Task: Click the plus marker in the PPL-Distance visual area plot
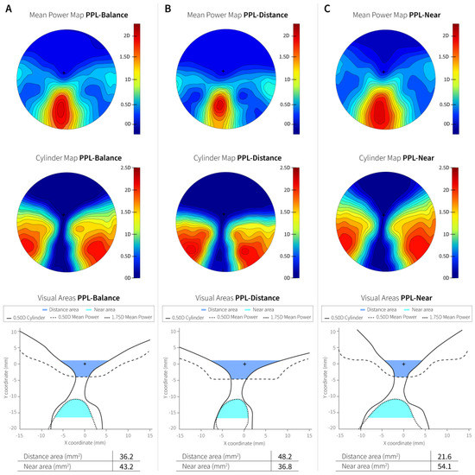click(x=244, y=364)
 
